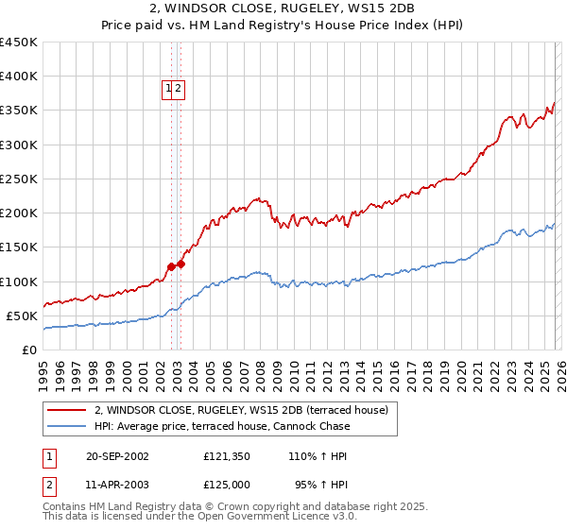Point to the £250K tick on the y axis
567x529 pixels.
pos(19,179)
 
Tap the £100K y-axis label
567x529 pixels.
pos(19,282)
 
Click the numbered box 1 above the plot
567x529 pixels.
pos(169,89)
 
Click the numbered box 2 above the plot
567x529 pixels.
pos(179,89)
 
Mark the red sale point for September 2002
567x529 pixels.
pos(171,266)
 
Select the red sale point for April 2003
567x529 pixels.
pos(180,264)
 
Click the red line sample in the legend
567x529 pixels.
pos(68,410)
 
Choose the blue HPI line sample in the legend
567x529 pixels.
pos(68,426)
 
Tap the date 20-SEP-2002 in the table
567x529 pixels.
pos(117,456)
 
